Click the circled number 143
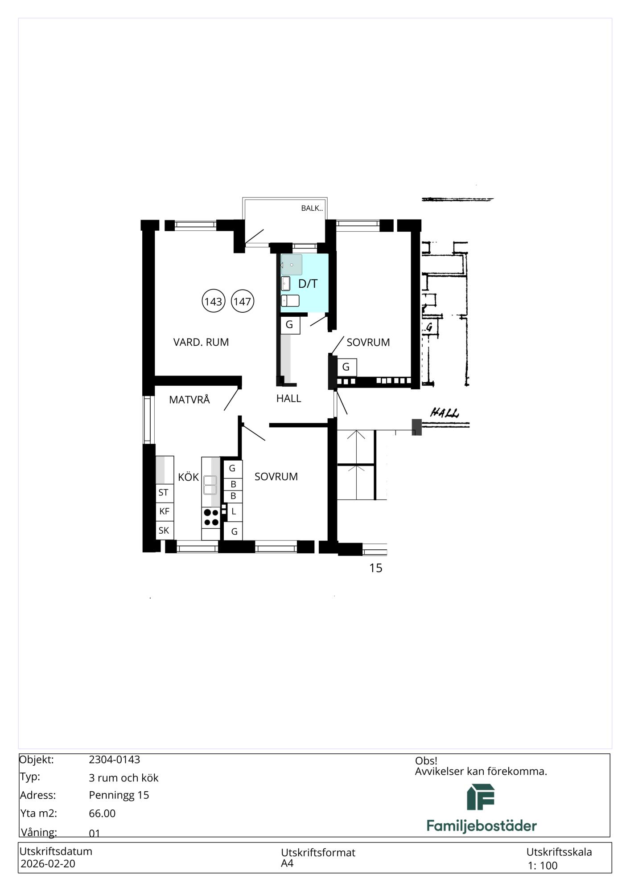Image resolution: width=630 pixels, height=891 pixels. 214,301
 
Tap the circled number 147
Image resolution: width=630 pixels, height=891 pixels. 243,301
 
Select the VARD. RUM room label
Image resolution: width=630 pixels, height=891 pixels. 201,342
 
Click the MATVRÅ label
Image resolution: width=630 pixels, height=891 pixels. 189,399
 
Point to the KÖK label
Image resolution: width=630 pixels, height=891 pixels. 188,477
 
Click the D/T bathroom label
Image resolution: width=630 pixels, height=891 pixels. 308,284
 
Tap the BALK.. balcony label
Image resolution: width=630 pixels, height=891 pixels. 312,208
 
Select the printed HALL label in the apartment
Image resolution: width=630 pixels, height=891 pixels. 288,398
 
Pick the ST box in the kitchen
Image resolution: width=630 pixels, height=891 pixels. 165,492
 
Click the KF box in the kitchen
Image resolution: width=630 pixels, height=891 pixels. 165,511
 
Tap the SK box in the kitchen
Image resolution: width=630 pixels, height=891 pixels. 165,530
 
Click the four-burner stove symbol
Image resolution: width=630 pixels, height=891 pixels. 211,518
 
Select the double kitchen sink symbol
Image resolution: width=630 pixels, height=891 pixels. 210,485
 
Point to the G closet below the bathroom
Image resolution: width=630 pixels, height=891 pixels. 290,325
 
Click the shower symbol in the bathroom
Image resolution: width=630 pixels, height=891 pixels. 292,265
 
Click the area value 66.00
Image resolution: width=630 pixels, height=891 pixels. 102,813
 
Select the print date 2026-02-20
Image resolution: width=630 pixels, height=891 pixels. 48,864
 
